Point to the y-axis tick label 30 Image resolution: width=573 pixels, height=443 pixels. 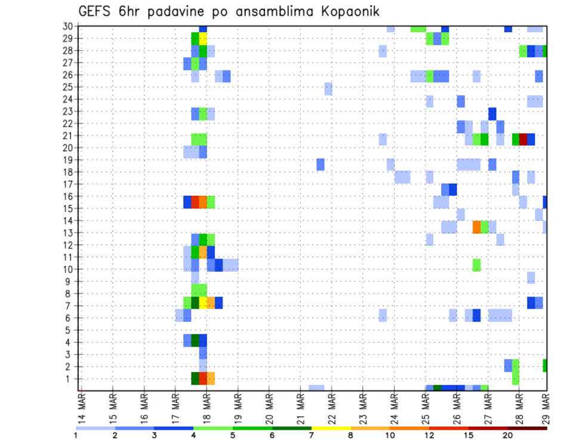coord(69,26)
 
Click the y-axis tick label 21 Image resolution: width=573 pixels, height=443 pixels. coord(69,136)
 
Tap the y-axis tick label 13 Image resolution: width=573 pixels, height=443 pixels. coord(69,233)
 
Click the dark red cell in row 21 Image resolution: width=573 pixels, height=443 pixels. coord(523,139)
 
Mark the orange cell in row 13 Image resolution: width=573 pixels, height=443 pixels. coord(476,227)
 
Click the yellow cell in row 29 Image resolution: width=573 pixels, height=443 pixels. coord(203,39)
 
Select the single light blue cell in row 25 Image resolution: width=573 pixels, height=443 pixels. coord(328,88)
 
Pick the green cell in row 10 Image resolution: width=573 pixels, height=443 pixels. coord(476,264)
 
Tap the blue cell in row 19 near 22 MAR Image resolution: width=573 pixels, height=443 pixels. coord(321,164)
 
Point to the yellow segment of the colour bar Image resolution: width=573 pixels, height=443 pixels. coord(331,428)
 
